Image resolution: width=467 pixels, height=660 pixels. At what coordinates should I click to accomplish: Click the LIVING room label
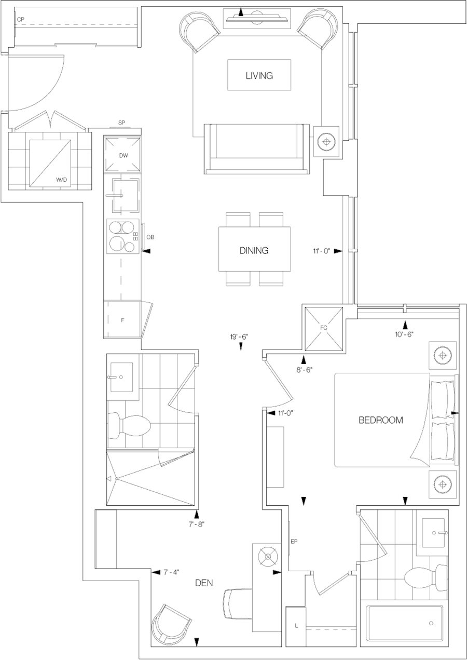(259, 76)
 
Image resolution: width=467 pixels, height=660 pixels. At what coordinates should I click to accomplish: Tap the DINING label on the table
(254, 250)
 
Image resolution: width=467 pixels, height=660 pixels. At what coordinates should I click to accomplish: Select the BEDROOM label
(380, 420)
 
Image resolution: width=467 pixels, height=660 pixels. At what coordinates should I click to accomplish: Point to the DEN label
(204, 583)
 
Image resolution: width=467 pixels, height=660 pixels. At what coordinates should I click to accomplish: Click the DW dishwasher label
(123, 156)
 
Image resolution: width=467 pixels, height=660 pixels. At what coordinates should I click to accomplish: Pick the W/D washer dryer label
(62, 180)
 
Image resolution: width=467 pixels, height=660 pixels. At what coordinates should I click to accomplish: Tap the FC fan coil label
(324, 328)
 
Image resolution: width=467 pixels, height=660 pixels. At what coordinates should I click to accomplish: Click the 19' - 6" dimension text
(239, 337)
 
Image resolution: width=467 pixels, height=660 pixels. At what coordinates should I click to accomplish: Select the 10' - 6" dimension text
(405, 334)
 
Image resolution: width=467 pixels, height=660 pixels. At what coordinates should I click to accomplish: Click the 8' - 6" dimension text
(305, 370)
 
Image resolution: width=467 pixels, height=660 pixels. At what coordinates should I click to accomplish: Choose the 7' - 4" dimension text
(171, 572)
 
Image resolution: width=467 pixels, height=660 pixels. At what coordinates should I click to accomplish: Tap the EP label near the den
(294, 541)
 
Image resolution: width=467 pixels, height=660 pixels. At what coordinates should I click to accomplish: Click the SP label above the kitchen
(121, 123)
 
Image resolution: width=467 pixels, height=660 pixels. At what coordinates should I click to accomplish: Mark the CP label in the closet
(21, 19)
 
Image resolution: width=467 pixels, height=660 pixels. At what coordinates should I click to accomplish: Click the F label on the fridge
(122, 320)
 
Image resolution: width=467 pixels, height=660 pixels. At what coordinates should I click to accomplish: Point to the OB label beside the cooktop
(150, 237)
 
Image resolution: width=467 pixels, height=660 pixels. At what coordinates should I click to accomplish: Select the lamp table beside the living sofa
(326, 142)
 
